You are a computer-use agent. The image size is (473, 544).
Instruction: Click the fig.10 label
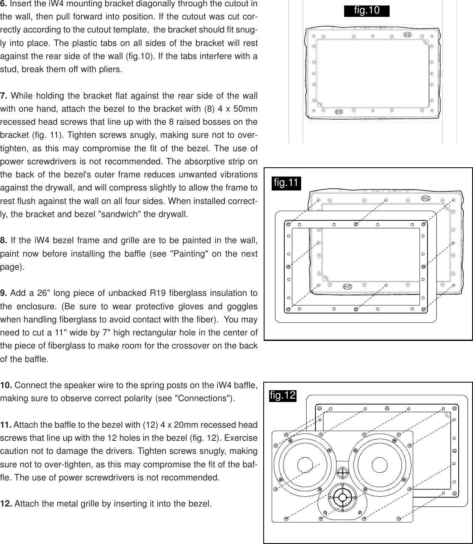click(x=366, y=11)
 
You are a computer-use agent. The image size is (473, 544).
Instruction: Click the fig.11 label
click(x=286, y=183)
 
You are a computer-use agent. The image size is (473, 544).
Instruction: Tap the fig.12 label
click(x=283, y=396)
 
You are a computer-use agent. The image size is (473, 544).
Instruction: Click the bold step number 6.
click(x=4, y=4)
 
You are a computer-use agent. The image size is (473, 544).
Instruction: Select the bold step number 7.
click(x=4, y=96)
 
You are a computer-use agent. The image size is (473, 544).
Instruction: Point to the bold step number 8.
click(x=4, y=241)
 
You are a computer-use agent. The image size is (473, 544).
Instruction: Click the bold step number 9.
click(x=4, y=293)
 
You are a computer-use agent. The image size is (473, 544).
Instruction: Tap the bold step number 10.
click(x=6, y=385)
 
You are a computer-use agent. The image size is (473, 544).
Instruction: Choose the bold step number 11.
click(x=6, y=425)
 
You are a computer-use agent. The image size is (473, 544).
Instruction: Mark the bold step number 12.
click(x=6, y=504)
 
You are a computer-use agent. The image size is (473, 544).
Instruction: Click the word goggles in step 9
click(x=241, y=306)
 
